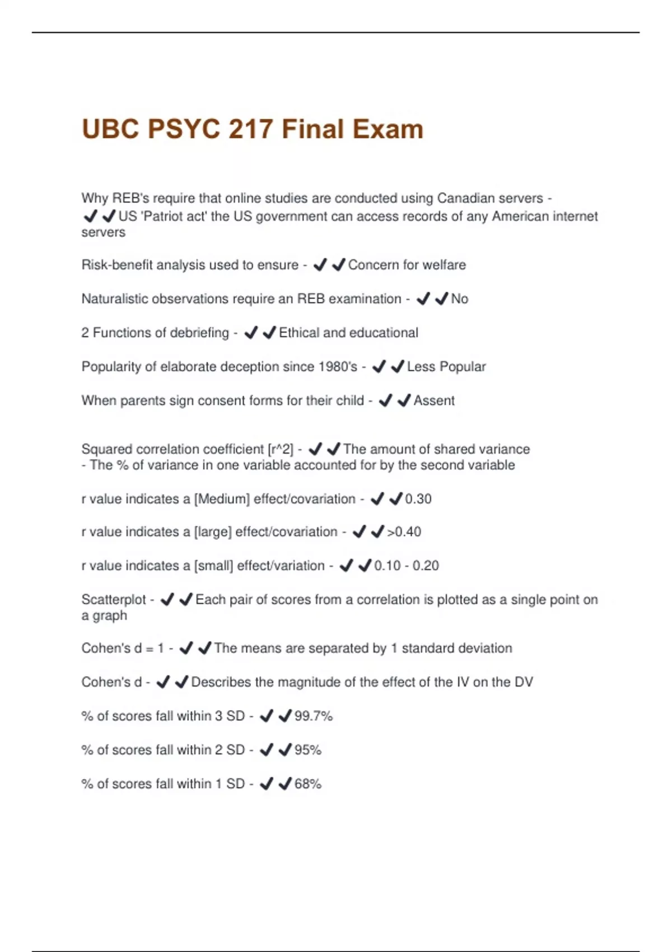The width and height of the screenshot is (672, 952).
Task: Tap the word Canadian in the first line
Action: coord(463,198)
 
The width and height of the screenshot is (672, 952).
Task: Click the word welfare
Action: coord(445,265)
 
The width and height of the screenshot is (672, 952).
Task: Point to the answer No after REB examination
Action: coord(460,299)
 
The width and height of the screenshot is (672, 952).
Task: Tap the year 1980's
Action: coord(338,367)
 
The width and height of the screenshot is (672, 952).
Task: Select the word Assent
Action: coord(434,400)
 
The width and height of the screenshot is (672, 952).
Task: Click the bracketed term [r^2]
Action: coord(281,449)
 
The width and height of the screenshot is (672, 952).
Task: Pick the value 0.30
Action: coord(418,499)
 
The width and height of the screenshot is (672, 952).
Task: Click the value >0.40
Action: coord(404,532)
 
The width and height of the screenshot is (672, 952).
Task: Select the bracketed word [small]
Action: coord(213,566)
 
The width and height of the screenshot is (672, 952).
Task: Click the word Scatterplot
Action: coord(114,600)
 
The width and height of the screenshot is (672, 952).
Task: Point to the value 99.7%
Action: coord(314,716)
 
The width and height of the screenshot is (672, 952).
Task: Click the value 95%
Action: coord(308,750)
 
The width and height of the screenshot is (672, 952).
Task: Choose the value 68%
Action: coord(308,784)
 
